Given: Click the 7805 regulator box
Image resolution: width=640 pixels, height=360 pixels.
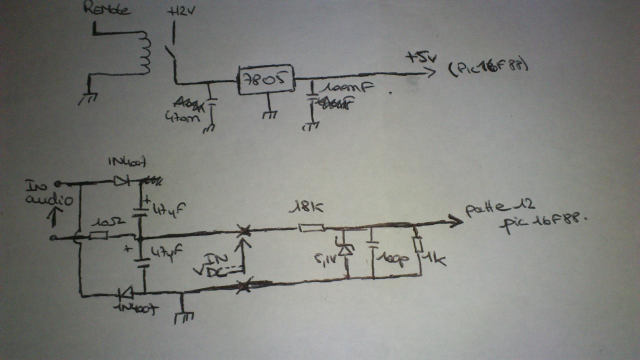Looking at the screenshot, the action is tap(265, 79).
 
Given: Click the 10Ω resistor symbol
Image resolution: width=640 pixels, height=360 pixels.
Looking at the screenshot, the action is tap(98, 235).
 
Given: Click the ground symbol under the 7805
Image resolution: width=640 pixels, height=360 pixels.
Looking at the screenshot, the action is tap(268, 114).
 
